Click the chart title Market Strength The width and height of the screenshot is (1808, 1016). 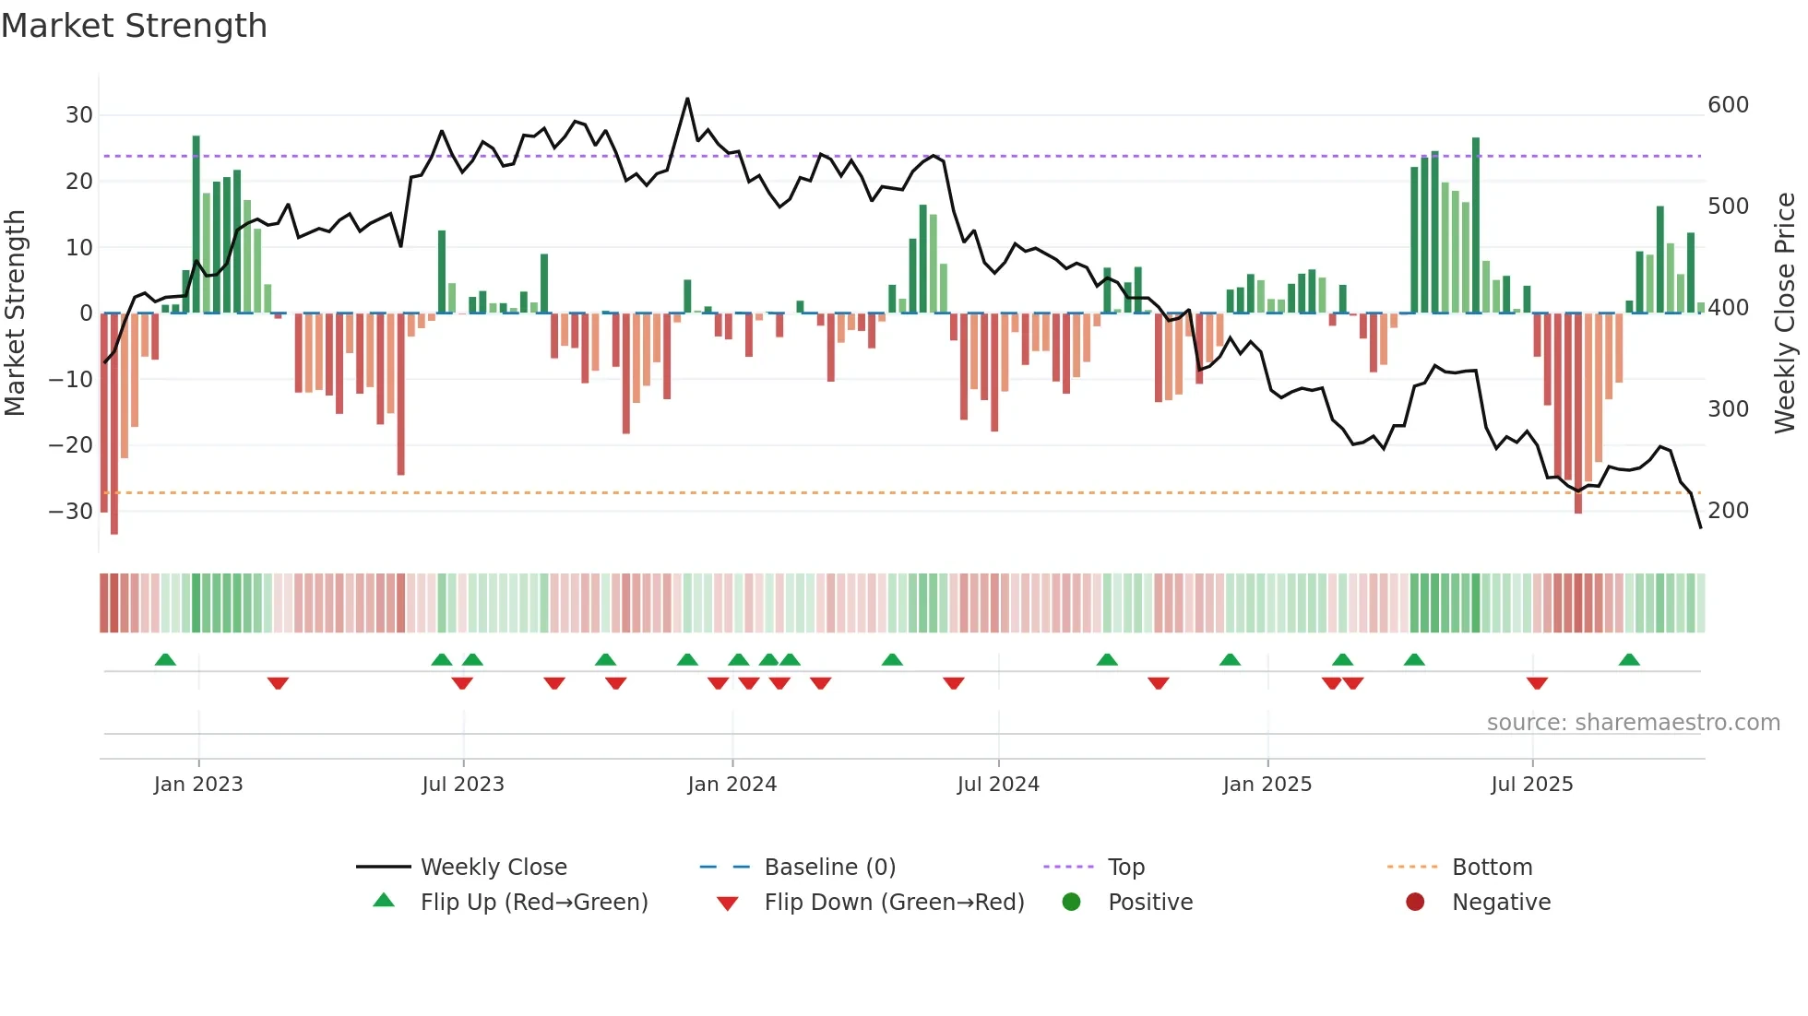click(x=134, y=26)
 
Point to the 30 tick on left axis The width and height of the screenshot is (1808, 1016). click(x=79, y=115)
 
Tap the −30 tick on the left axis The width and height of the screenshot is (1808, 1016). click(x=72, y=511)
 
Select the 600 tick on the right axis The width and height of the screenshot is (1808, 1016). click(x=1728, y=105)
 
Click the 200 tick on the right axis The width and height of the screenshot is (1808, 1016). click(x=1728, y=510)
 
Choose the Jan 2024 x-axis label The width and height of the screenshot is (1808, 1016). click(x=732, y=785)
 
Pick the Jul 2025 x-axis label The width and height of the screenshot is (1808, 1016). click(x=1532, y=785)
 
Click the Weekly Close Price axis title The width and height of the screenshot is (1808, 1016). click(x=1785, y=313)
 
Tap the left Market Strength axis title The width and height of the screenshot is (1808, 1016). click(x=16, y=313)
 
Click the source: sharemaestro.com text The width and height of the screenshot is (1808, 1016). click(x=1633, y=723)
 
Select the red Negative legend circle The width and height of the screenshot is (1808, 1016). click(x=1415, y=902)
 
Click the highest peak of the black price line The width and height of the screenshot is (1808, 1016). click(x=687, y=99)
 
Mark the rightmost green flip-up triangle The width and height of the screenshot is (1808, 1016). click(x=1629, y=660)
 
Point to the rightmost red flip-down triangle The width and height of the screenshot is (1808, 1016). click(x=1537, y=683)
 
